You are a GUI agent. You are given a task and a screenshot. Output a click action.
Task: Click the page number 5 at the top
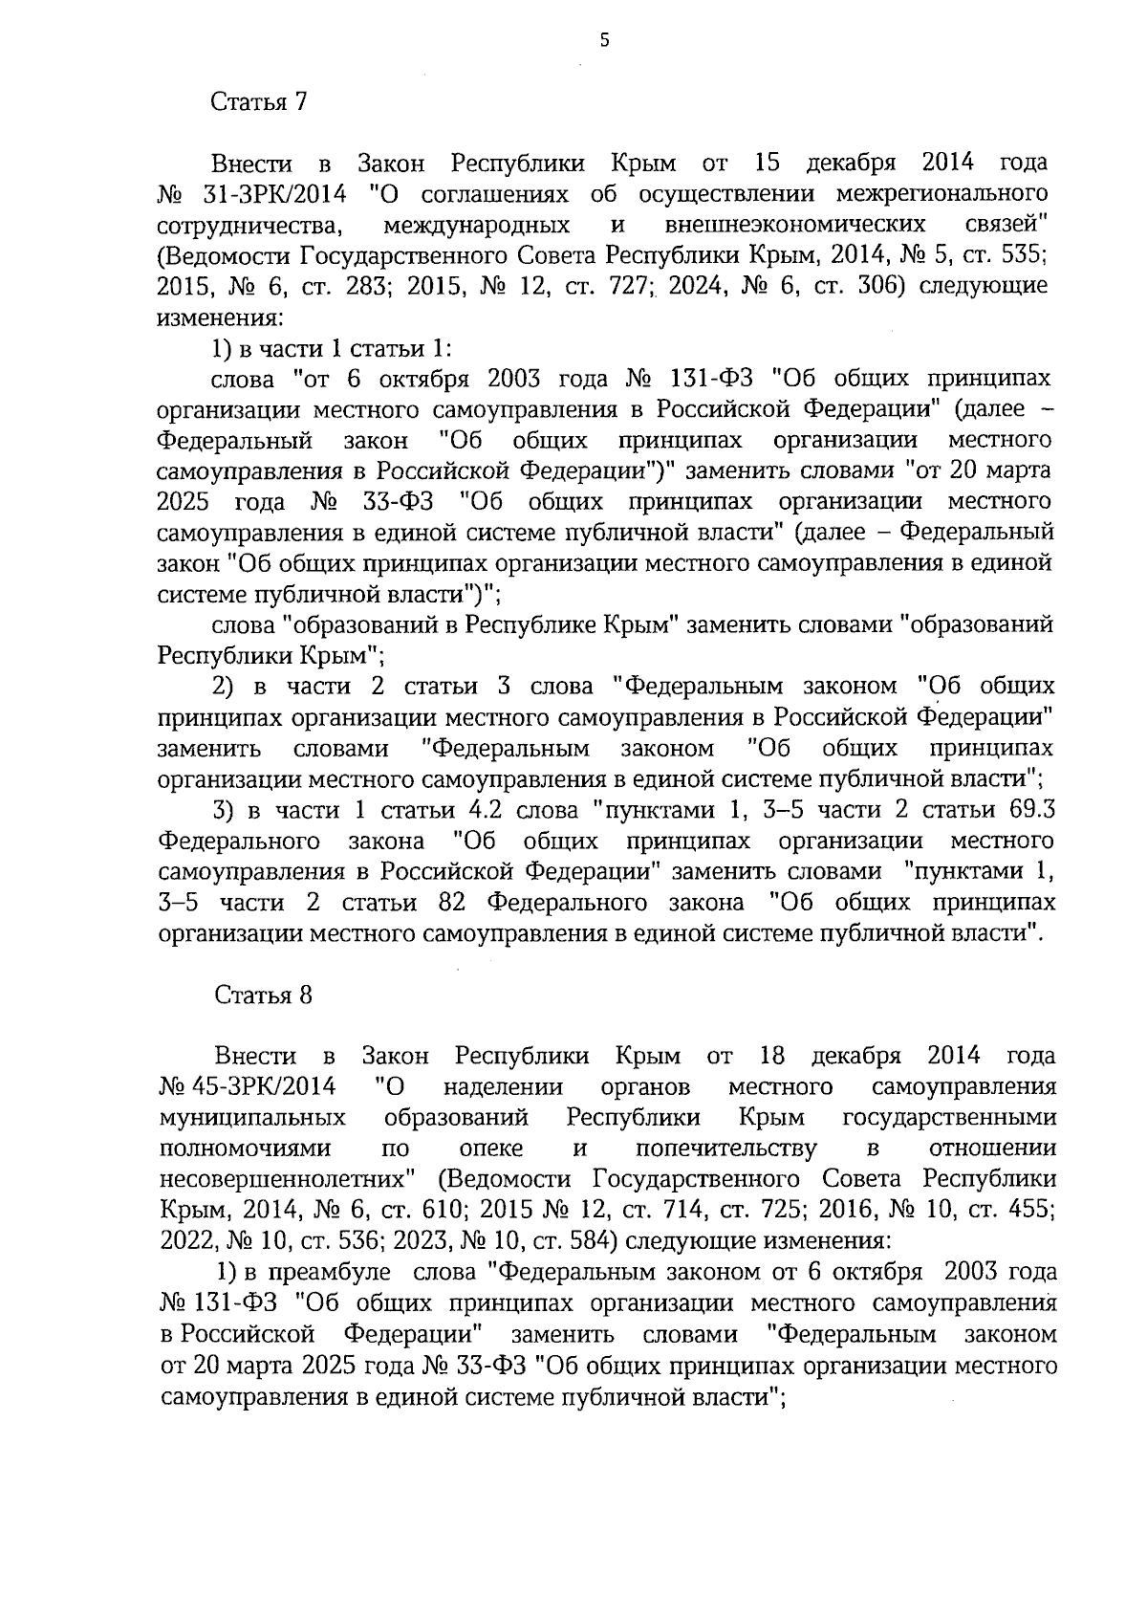[603, 39]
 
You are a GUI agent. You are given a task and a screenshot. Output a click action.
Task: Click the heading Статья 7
[258, 102]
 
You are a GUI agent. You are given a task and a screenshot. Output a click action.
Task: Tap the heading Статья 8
[263, 995]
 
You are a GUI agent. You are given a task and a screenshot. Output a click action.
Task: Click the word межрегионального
[941, 195]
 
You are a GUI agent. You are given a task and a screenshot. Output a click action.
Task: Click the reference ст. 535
[1011, 255]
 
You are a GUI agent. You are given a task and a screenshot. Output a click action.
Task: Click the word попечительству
[725, 1148]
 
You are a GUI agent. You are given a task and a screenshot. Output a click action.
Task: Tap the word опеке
[490, 1148]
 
